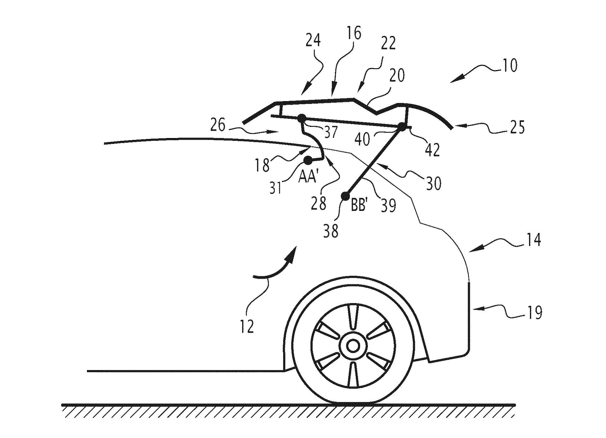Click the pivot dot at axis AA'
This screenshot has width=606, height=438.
(308, 160)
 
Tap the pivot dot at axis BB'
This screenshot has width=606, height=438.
(345, 196)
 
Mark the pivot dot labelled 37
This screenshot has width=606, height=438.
(301, 118)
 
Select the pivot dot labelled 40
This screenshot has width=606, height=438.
(402, 126)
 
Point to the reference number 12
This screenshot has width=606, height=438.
(247, 326)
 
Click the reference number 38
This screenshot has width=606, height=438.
(331, 231)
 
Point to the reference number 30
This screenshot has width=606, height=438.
(433, 184)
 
